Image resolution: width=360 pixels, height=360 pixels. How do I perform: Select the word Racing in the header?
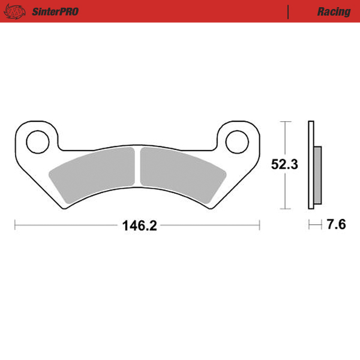coord(334,11)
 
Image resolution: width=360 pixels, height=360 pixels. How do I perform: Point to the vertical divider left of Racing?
coord(289,11)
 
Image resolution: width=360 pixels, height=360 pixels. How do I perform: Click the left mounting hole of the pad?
coord(37,141)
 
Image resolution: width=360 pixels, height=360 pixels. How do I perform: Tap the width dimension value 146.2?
coord(139,226)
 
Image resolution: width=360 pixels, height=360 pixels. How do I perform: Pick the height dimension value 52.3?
coord(284,164)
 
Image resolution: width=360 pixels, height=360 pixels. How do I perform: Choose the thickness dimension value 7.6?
coord(337,226)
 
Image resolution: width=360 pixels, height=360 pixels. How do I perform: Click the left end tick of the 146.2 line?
coord(15,226)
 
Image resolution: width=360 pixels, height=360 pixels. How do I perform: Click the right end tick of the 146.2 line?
coord(259,226)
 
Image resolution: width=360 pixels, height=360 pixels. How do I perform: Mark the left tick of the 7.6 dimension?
coord(308,226)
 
